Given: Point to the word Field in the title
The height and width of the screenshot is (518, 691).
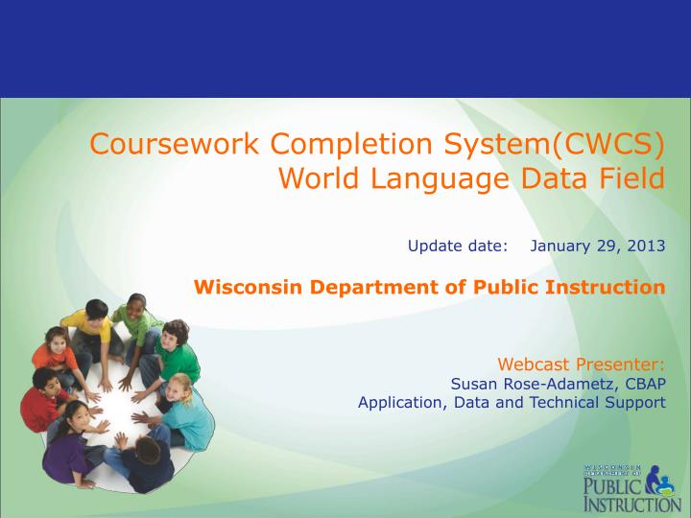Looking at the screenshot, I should pos(629,177).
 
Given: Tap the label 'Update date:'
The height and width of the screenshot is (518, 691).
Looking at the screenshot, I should pos(457,245).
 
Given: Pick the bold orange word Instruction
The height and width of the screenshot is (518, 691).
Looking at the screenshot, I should pos(614,287).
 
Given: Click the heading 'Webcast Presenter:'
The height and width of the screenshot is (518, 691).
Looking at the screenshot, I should pos(581,365).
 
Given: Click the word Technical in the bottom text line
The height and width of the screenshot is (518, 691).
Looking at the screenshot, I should pos(558,402).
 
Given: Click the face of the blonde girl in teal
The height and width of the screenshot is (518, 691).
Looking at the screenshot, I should pos(179,388).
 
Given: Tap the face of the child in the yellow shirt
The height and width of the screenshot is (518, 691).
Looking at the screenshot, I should pos(96,314).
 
